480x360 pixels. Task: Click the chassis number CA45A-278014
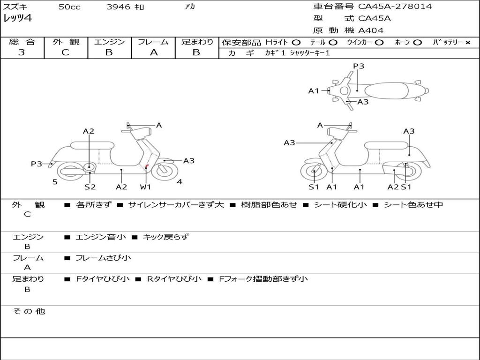(x=395, y=7)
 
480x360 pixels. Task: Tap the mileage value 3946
(x=119, y=7)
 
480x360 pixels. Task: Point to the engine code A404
(x=371, y=30)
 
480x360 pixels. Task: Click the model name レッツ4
(x=17, y=19)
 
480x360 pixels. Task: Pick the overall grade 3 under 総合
(x=22, y=52)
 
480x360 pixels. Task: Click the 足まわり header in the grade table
(x=197, y=42)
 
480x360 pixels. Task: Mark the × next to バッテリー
(x=467, y=43)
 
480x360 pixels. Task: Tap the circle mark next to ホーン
(x=417, y=43)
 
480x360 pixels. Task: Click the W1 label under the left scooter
(x=145, y=187)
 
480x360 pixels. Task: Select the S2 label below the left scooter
(x=90, y=187)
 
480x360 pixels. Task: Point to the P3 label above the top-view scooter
(x=359, y=66)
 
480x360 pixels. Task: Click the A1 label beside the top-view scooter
(x=314, y=91)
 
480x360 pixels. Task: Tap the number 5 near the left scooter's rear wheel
(x=55, y=182)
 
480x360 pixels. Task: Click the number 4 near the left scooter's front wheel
(x=180, y=182)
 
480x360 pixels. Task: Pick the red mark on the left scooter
(x=147, y=166)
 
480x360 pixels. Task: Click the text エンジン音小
(x=101, y=237)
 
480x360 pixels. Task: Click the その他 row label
(x=29, y=311)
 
